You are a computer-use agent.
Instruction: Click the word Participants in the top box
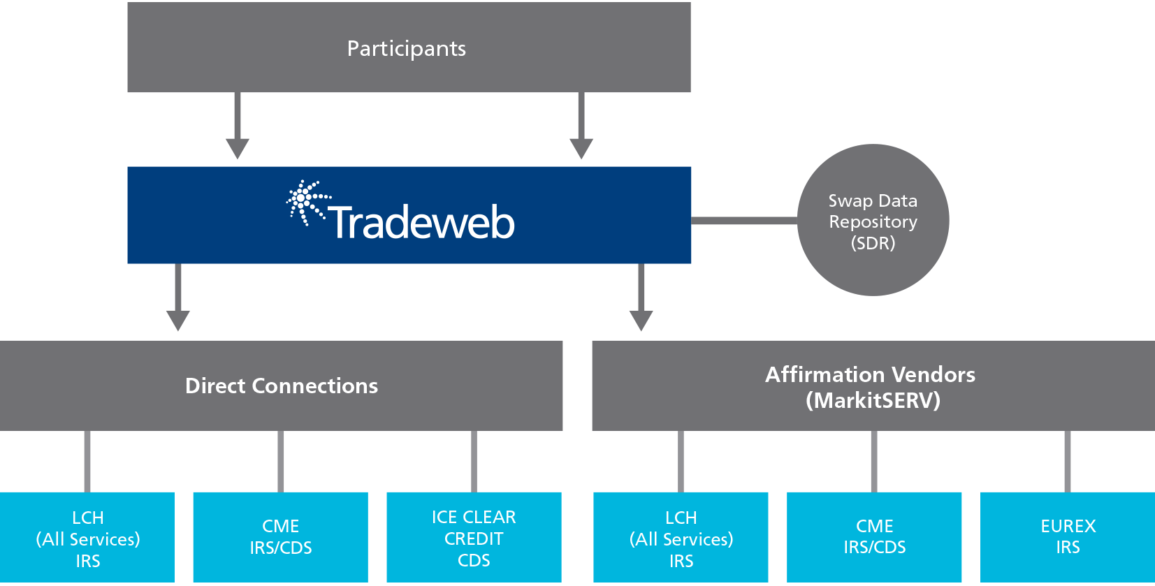click(407, 49)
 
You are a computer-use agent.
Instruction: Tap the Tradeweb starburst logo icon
click(308, 203)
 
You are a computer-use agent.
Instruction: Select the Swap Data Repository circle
click(873, 220)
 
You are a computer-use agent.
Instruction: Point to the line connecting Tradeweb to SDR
click(744, 221)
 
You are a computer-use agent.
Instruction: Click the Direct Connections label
click(282, 386)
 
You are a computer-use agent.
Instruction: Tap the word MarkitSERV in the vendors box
click(873, 400)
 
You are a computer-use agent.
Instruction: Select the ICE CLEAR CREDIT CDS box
click(474, 538)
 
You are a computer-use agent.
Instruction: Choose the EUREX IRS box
click(1068, 538)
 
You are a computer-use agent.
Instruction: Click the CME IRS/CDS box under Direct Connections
click(280, 538)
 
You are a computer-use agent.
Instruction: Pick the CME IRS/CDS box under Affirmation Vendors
click(874, 538)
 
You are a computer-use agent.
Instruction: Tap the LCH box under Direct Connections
click(87, 538)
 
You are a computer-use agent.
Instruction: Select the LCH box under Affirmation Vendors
click(681, 538)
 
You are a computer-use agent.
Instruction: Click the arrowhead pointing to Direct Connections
click(178, 320)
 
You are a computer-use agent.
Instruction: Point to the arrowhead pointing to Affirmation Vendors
click(641, 320)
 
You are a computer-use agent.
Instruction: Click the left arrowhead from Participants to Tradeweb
click(237, 148)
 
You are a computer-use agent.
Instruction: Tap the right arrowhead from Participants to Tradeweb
click(581, 148)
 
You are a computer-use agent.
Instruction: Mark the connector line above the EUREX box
click(1068, 461)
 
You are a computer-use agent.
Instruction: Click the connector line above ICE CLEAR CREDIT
click(474, 461)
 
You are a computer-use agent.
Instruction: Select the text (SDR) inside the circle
click(873, 243)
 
